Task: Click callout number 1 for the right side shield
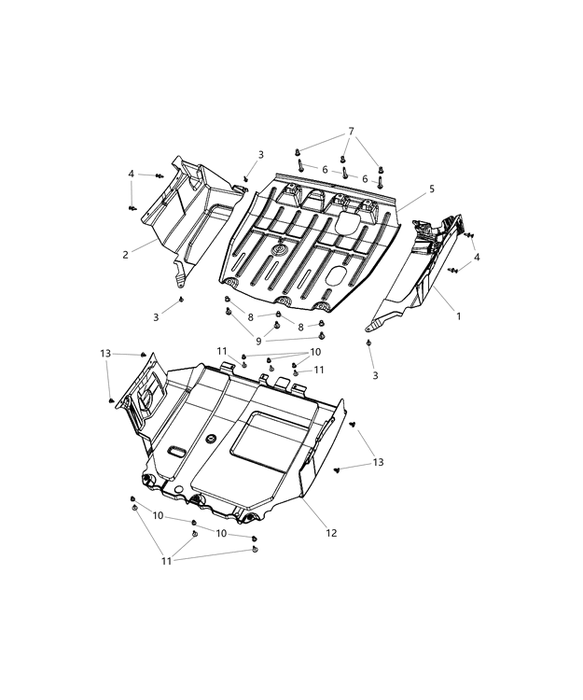(458, 316)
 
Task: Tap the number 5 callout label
(432, 189)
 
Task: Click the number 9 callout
(259, 341)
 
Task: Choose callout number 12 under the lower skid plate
(331, 533)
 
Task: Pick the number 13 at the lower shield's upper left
(105, 353)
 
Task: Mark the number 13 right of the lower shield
(378, 462)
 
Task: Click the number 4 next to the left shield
(132, 174)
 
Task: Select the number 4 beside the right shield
(477, 257)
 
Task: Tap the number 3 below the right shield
(375, 375)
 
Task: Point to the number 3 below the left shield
(156, 317)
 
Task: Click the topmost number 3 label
(260, 155)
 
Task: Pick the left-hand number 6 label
(325, 170)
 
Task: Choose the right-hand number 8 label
(299, 327)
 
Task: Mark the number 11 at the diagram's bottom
(166, 560)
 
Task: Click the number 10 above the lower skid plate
(315, 352)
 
